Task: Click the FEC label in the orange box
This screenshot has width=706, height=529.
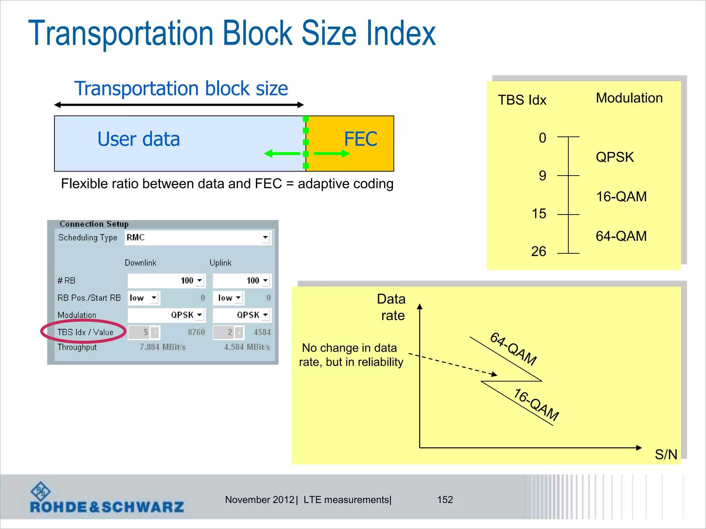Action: [x=361, y=139]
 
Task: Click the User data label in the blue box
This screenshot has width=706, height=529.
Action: [x=139, y=139]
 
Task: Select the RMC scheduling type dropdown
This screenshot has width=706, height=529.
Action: [x=198, y=238]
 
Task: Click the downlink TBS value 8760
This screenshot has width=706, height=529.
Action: [x=196, y=332]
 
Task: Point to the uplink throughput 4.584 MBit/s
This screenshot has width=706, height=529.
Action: [x=247, y=347]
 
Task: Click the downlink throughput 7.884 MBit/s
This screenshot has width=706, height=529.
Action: [x=163, y=347]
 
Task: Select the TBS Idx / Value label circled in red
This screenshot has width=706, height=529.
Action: [x=85, y=332]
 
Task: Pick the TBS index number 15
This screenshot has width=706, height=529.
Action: [x=539, y=214]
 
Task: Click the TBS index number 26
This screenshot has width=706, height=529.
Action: [x=538, y=252]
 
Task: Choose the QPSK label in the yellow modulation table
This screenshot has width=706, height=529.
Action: [x=615, y=157]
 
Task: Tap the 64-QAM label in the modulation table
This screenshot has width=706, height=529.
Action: [x=621, y=236]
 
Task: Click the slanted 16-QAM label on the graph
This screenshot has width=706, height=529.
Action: [x=536, y=405]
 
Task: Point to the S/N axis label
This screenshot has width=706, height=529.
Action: [x=666, y=455]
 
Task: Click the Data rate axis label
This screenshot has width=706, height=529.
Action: [x=392, y=307]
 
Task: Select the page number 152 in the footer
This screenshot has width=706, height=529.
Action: [x=445, y=500]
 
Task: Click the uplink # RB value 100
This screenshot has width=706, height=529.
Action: [x=253, y=281]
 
